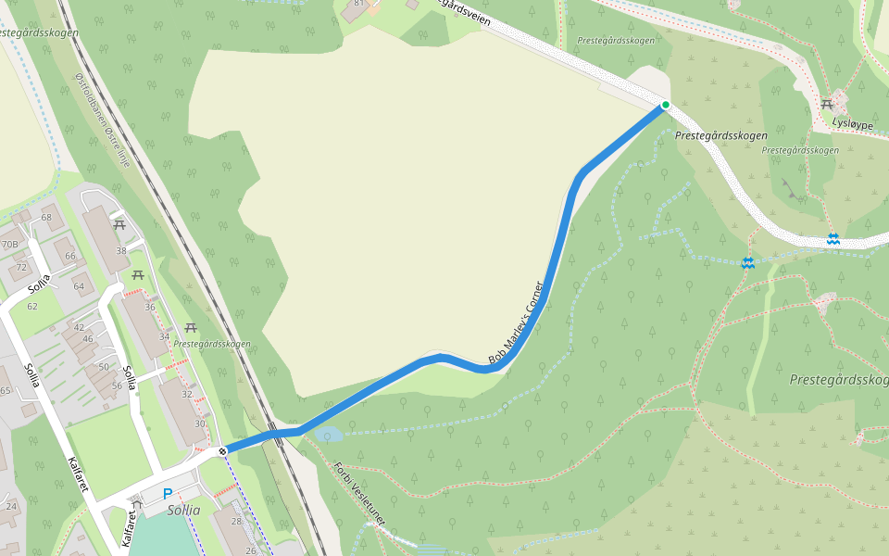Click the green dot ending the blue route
point(665,105)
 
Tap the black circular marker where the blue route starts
point(222,451)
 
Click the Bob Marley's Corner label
point(515,322)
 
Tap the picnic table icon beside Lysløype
point(827,104)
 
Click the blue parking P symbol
point(168,494)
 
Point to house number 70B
point(10,245)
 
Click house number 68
point(46,217)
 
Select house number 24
point(11,506)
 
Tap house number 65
point(5,391)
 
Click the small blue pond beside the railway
point(328,434)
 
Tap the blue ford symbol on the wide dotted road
point(833,239)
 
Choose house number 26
point(251,550)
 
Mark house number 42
point(79,327)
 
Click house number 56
point(117,385)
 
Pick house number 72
point(22,267)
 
